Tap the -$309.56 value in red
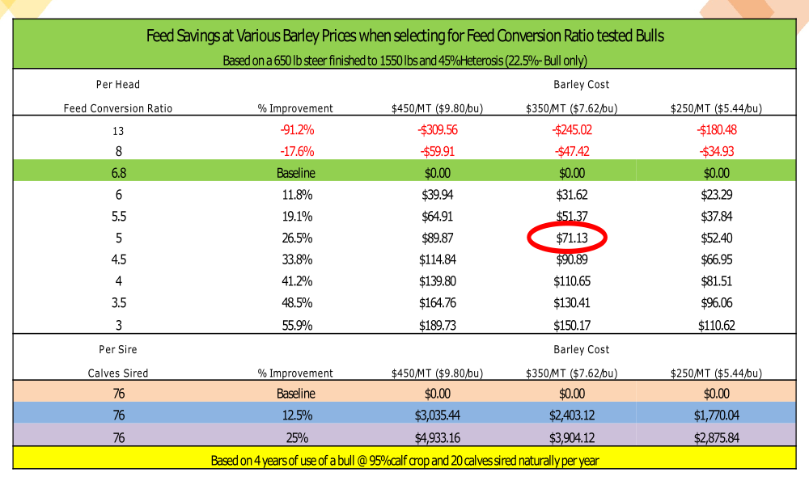[438, 129]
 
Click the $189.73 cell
[438, 325]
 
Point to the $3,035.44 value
[438, 415]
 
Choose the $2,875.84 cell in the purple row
[716, 436]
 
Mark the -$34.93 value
[716, 151]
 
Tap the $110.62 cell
[716, 325]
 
